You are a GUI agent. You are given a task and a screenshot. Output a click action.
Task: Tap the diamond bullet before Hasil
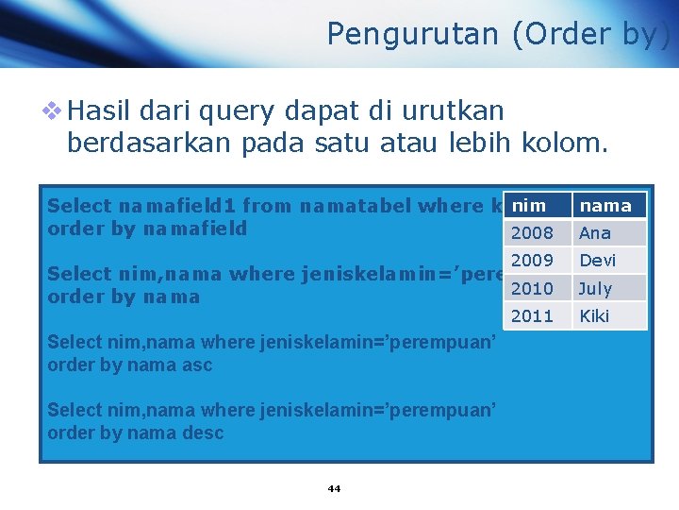coord(54,111)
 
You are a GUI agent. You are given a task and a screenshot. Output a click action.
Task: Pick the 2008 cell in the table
coord(532,233)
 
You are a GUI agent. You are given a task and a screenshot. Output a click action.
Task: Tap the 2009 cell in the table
coord(532,261)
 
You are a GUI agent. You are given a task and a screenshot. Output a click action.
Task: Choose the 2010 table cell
coord(532,288)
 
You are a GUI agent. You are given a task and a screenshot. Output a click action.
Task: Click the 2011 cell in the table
coord(532,315)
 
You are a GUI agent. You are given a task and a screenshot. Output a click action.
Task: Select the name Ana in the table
coord(595,233)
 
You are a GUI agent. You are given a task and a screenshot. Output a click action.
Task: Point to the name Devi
coord(597,261)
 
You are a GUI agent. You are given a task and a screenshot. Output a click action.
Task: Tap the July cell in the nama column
coord(595,288)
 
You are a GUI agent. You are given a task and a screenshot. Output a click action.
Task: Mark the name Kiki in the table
coord(594,315)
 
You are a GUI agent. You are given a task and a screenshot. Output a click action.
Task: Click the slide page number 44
coord(334,488)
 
